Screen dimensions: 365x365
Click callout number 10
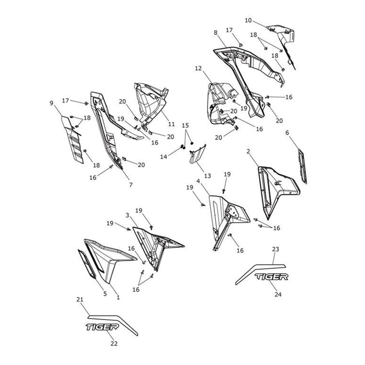coord(248,20)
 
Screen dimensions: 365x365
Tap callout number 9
coord(51,103)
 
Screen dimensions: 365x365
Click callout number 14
coord(164,156)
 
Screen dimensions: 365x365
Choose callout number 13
coord(207,176)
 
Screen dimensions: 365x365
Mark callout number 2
coord(249,151)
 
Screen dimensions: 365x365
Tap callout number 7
coord(131,184)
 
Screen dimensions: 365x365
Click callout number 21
coord(80,300)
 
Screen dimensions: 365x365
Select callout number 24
coord(278,294)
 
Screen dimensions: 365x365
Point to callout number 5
coord(105,294)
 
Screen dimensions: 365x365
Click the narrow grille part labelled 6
coord(303,166)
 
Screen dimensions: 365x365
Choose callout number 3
coord(127,215)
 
